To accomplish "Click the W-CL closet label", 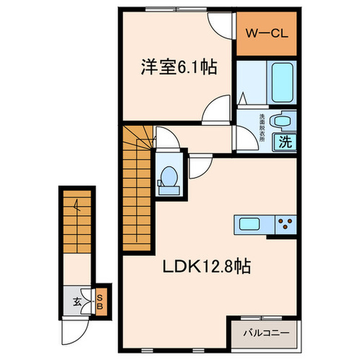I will click(266, 34).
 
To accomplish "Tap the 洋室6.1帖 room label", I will click(178, 68).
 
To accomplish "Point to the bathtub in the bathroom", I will click(281, 83).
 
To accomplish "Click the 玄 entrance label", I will click(76, 301).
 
